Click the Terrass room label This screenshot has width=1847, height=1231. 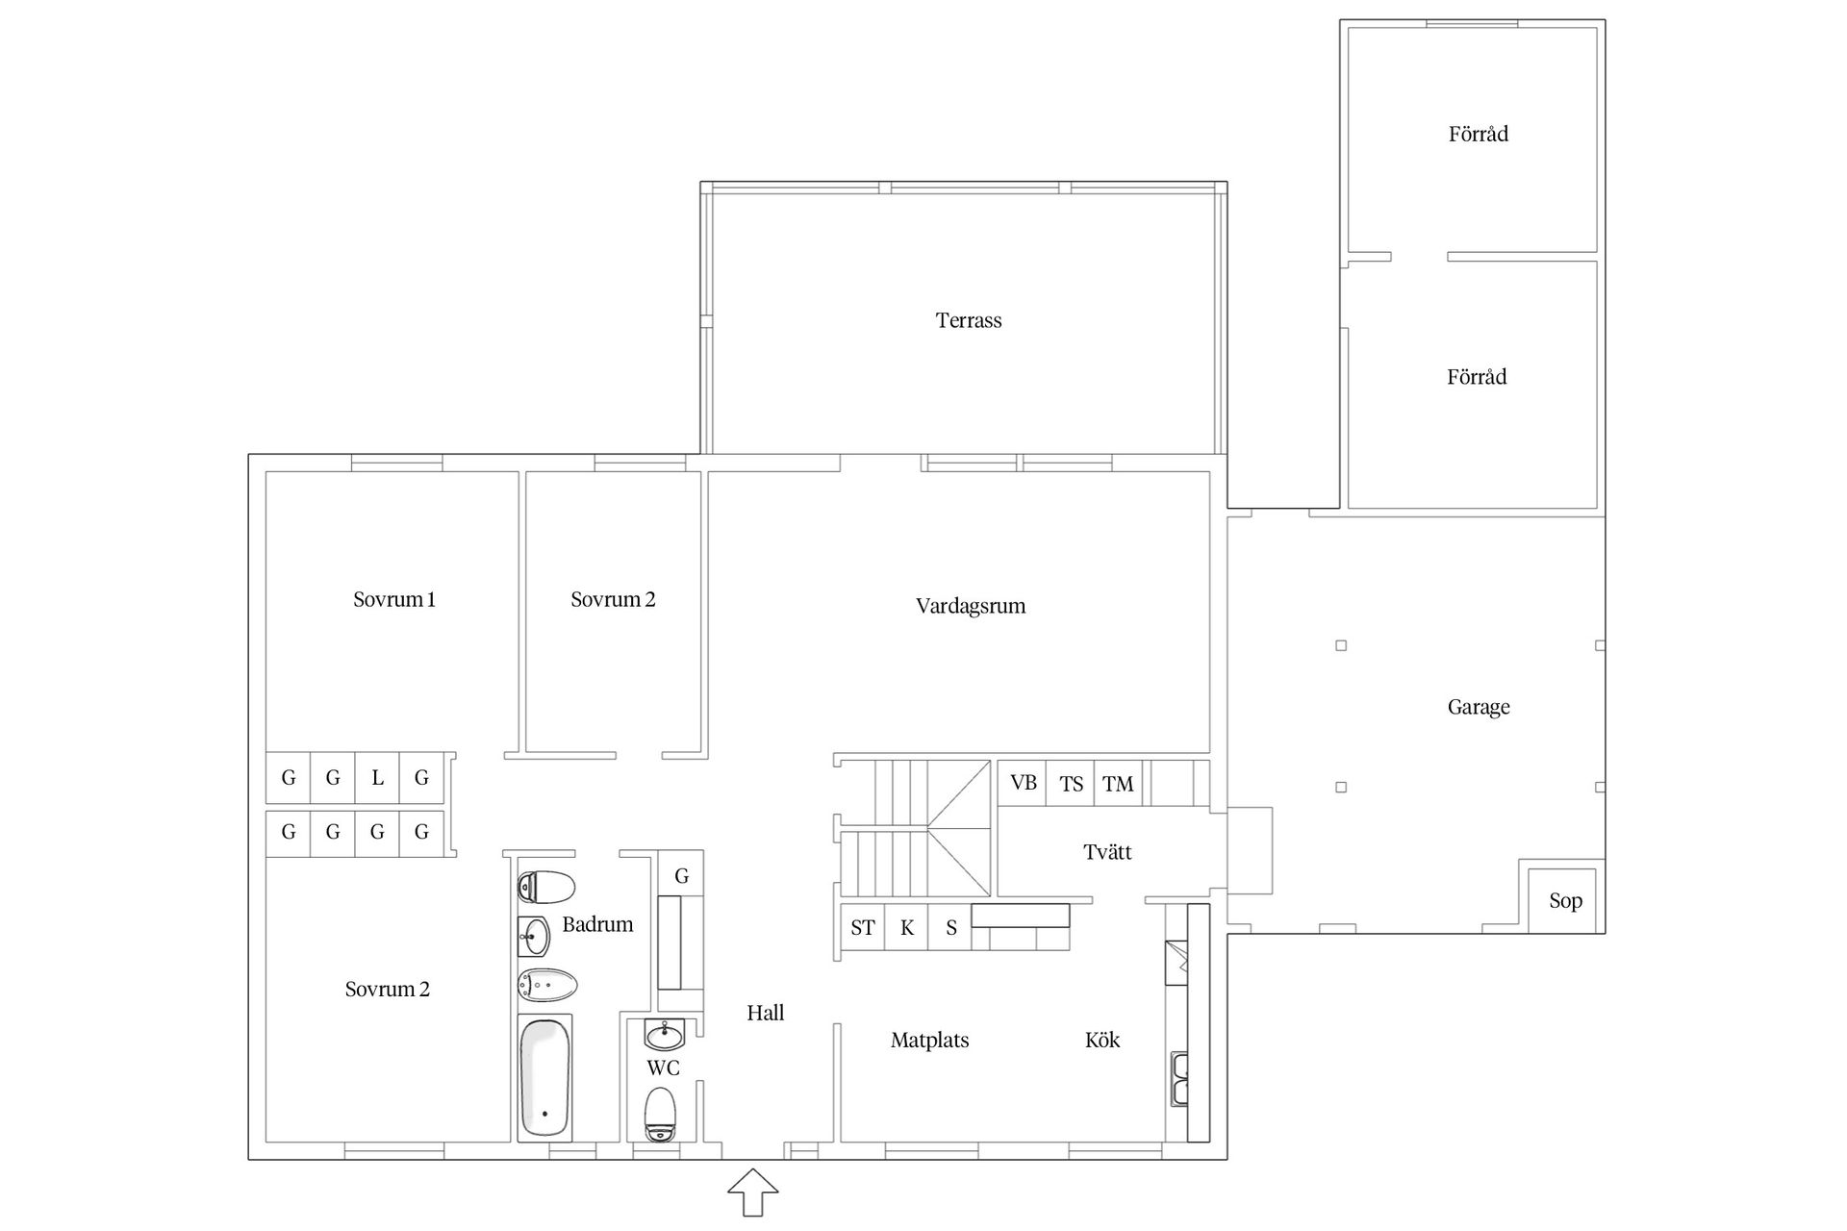(969, 320)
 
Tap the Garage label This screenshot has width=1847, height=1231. (1479, 708)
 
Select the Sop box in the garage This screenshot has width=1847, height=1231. (1562, 900)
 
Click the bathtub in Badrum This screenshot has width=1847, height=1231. (544, 1077)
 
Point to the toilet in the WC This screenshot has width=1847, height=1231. (660, 1114)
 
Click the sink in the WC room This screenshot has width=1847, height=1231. (664, 1035)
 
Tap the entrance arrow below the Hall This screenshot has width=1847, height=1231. (752, 1193)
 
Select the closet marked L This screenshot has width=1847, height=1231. (377, 777)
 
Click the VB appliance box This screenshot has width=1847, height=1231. (1023, 783)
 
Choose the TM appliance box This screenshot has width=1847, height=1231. (1118, 783)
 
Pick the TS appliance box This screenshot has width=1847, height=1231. (1071, 783)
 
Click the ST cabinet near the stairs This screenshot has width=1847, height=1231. (863, 927)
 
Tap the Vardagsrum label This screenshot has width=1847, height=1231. (971, 606)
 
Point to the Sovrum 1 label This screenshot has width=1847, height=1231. (394, 599)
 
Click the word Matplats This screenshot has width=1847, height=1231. (929, 1040)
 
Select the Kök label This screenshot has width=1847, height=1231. (1102, 1040)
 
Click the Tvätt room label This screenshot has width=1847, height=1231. (1107, 852)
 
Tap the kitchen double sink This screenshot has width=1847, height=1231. (1178, 1079)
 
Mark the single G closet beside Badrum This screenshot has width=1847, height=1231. (681, 875)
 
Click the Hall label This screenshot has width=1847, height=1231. (766, 1013)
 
